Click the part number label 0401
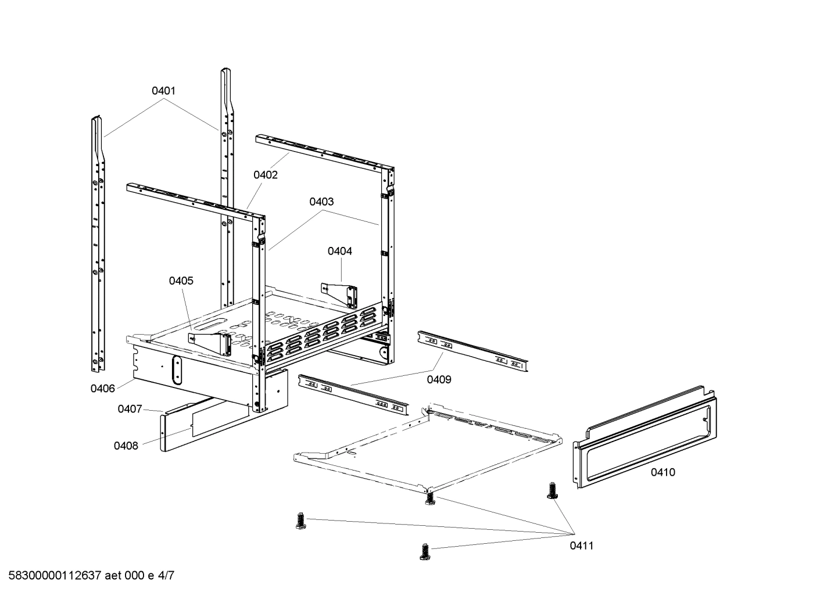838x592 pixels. [x=163, y=91]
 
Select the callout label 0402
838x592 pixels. [x=265, y=175]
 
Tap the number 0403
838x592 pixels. [x=321, y=202]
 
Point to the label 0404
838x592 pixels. [x=339, y=251]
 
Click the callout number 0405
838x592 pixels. [x=181, y=281]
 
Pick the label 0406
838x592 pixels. [x=102, y=389]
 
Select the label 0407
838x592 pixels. [x=130, y=409]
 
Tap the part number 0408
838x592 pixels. [x=126, y=446]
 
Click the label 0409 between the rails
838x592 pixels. [x=439, y=379]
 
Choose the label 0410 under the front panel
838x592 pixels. [x=662, y=472]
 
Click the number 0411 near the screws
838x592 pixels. [x=582, y=546]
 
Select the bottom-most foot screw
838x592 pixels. [x=424, y=551]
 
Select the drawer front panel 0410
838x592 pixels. [x=645, y=442]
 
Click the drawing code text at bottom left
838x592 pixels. [x=88, y=576]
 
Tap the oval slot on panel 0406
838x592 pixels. [x=176, y=369]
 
